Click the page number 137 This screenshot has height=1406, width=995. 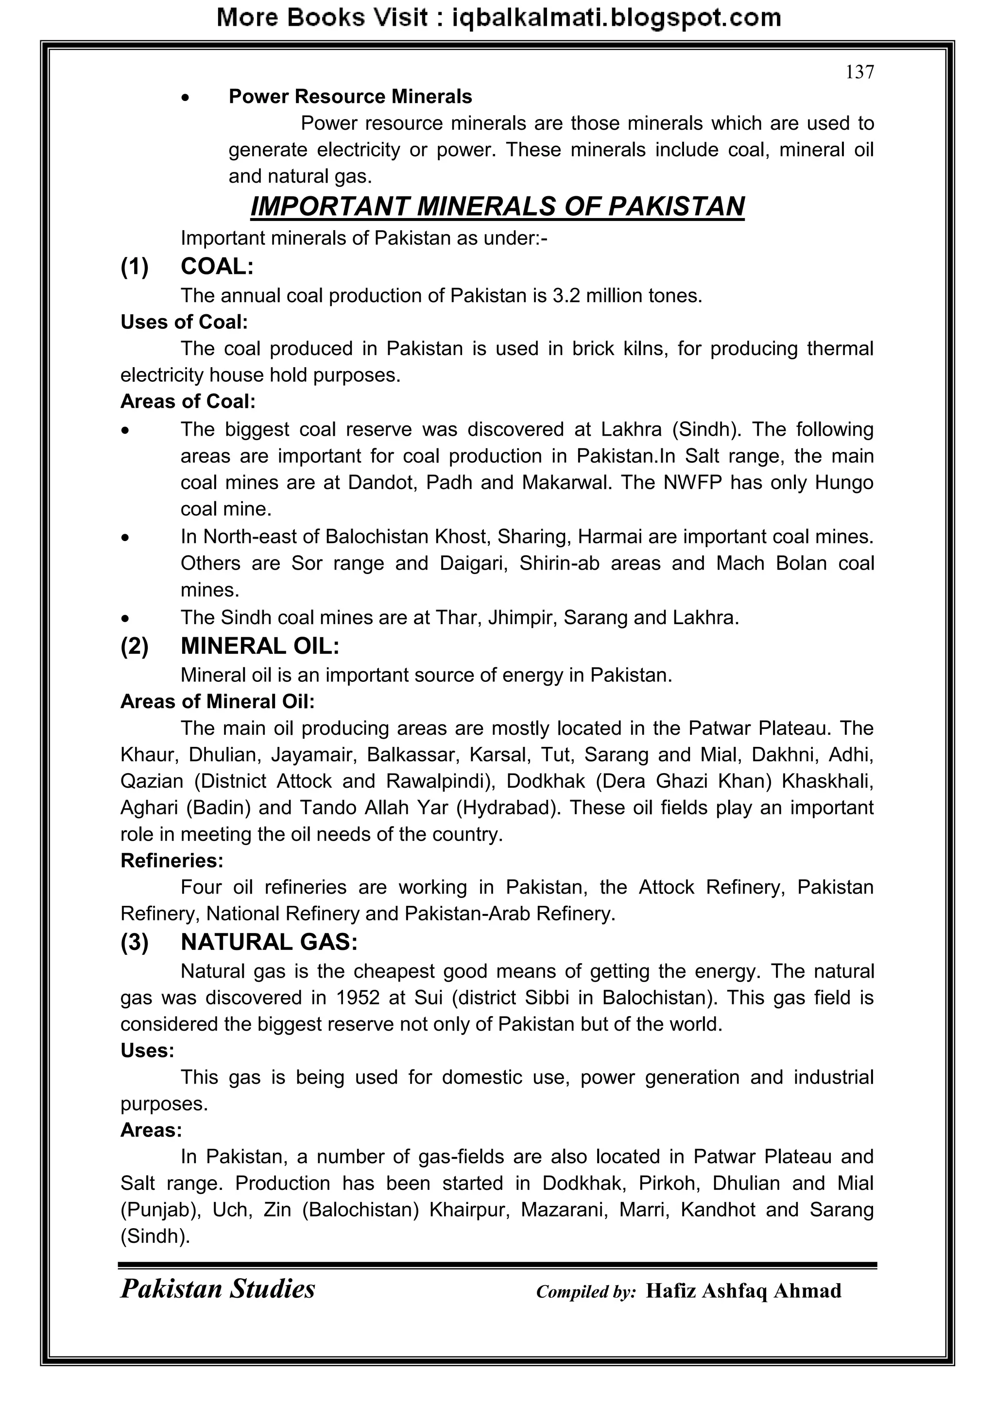tap(859, 72)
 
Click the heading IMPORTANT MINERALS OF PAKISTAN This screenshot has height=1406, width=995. tap(497, 206)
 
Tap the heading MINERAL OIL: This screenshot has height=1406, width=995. tap(260, 646)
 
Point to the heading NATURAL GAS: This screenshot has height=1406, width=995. tap(269, 942)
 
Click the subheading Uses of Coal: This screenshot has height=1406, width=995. tap(184, 322)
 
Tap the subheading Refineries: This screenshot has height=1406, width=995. tap(172, 861)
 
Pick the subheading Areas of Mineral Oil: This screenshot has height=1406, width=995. tap(218, 701)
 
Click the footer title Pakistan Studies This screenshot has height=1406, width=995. tap(218, 1288)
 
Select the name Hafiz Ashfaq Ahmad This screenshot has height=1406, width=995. tap(743, 1291)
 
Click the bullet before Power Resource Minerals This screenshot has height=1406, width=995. tap(186, 98)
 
